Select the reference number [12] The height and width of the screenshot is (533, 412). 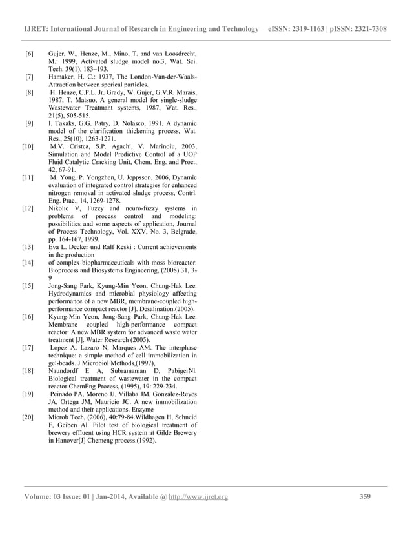[x=28, y=208]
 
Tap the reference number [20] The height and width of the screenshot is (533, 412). [x=28, y=417]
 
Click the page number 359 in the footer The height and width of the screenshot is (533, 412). [x=368, y=496]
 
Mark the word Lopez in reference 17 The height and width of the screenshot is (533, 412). [x=63, y=347]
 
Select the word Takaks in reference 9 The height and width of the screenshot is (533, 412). [x=66, y=122]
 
